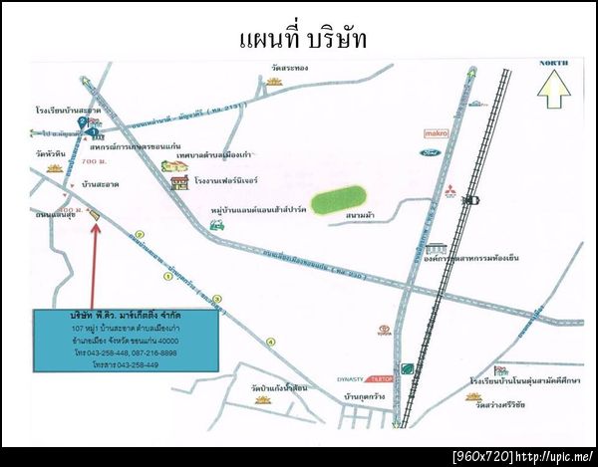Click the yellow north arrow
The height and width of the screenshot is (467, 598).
(x=553, y=93)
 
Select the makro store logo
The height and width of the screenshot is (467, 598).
(x=437, y=132)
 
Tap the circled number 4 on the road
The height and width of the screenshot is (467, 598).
(x=269, y=342)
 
